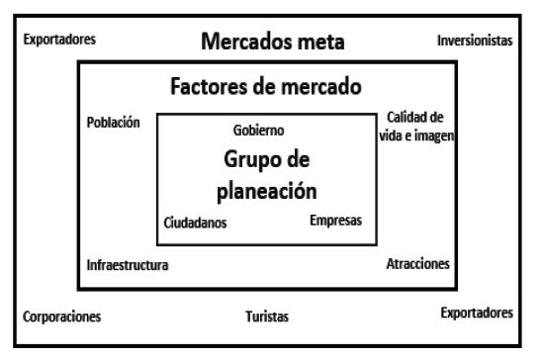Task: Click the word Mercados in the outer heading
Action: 247,43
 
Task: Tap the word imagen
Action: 433,135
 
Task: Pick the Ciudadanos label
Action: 195,223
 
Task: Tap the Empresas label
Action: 335,220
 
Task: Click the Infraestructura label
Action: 128,265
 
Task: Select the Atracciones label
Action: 417,264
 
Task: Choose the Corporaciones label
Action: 61,317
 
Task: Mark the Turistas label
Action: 267,317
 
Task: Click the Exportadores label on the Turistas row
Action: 477,313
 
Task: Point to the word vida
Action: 393,135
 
